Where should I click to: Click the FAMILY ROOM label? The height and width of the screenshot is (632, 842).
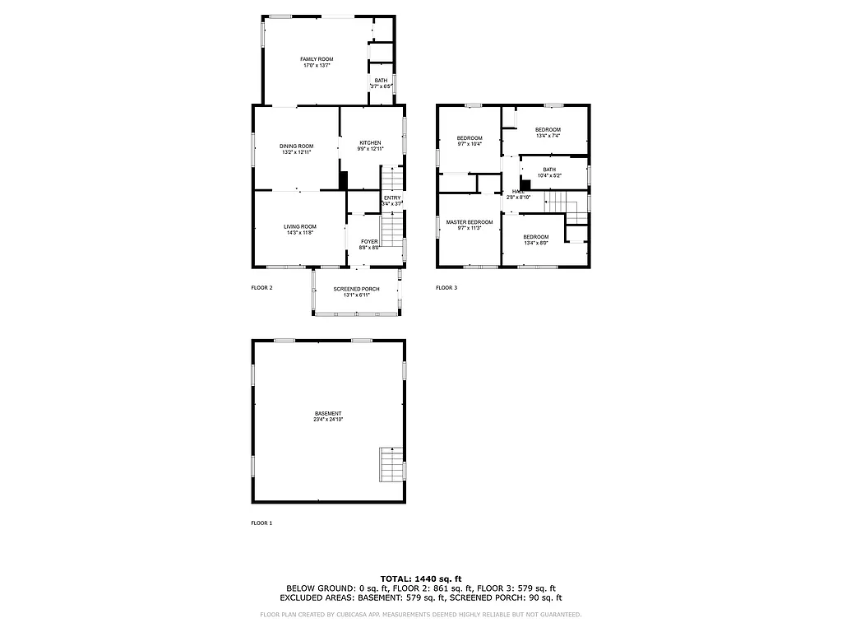[317, 59]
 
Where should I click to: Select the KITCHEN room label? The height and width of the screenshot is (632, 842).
[370, 142]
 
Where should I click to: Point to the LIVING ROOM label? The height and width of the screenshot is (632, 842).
[300, 226]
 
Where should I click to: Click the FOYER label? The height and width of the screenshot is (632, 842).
[369, 241]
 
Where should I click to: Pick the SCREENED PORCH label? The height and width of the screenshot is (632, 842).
[356, 289]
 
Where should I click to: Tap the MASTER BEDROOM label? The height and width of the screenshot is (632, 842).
[470, 222]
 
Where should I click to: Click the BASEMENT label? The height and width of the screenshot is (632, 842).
[328, 413]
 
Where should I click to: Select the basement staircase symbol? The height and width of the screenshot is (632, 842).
[391, 465]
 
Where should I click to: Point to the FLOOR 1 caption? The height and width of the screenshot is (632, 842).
[261, 523]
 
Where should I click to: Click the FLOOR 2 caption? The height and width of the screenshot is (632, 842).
[261, 288]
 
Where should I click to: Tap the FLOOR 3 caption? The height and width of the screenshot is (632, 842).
[446, 288]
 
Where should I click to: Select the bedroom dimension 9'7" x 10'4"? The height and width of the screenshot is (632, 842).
[470, 144]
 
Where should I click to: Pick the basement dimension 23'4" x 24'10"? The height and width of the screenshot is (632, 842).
[328, 420]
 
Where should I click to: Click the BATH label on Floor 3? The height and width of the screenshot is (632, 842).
[549, 170]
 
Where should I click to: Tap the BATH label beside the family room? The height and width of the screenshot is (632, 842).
[382, 80]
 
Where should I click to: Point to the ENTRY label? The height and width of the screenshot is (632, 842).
[392, 197]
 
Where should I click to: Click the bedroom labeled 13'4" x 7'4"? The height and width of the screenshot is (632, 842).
[548, 130]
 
